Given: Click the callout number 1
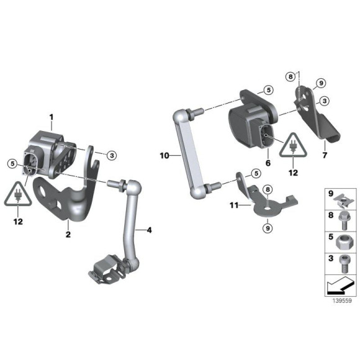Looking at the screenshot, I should point(52,117).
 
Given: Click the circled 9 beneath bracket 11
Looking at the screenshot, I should point(267,228).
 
